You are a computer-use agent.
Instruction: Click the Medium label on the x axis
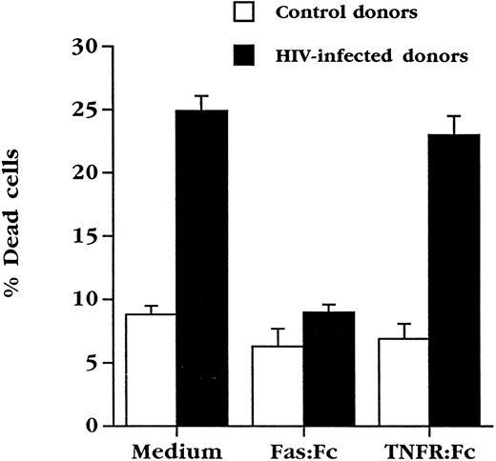click(176, 448)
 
